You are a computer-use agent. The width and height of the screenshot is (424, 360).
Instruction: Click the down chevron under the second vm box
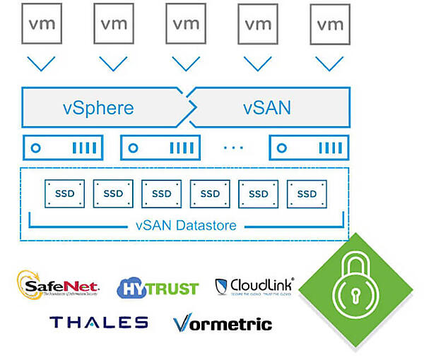click(113, 64)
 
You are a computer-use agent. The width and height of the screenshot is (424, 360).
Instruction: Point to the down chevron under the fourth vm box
click(258, 64)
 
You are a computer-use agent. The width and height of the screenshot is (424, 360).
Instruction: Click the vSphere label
click(98, 108)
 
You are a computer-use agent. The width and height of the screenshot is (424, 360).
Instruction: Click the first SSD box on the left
click(64, 193)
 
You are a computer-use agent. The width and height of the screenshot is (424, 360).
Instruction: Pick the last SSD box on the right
click(306, 193)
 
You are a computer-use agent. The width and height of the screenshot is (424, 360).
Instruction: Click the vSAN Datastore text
click(186, 227)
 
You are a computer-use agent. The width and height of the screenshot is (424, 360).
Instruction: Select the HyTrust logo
click(157, 287)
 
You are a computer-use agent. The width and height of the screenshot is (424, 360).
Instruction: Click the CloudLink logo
click(254, 286)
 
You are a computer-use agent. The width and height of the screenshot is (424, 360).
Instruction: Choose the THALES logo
click(99, 323)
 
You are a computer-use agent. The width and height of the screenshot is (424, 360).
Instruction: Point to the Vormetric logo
click(223, 324)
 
